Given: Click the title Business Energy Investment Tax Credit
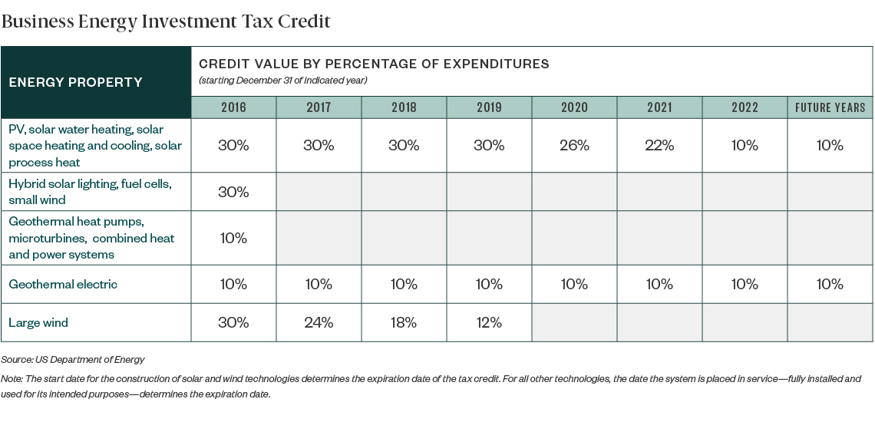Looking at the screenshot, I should point(166,21).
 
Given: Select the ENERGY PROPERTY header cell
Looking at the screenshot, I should point(75,82).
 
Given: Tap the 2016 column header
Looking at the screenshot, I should point(233,107).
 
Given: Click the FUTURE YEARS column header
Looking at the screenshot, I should point(830,107).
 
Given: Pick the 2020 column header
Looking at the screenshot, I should point(574,107).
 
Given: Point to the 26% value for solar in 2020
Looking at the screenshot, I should point(574,145).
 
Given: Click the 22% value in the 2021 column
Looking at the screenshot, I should point(659,145).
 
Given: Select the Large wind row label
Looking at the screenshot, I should point(38,322).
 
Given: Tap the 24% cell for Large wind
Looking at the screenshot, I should point(319,322).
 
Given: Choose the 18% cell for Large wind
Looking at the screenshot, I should point(404,322).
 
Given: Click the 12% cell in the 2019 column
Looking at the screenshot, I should point(489,322).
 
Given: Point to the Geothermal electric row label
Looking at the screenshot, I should point(63,284).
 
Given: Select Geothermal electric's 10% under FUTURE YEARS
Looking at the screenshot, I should point(830,284).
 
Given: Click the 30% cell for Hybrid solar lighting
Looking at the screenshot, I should point(233,192).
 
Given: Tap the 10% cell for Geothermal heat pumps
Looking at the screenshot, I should point(233,238).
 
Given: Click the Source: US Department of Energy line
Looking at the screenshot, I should point(73,359).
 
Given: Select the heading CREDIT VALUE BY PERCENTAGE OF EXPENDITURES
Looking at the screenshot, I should point(374,64).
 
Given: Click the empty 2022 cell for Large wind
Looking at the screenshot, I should point(745,322).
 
